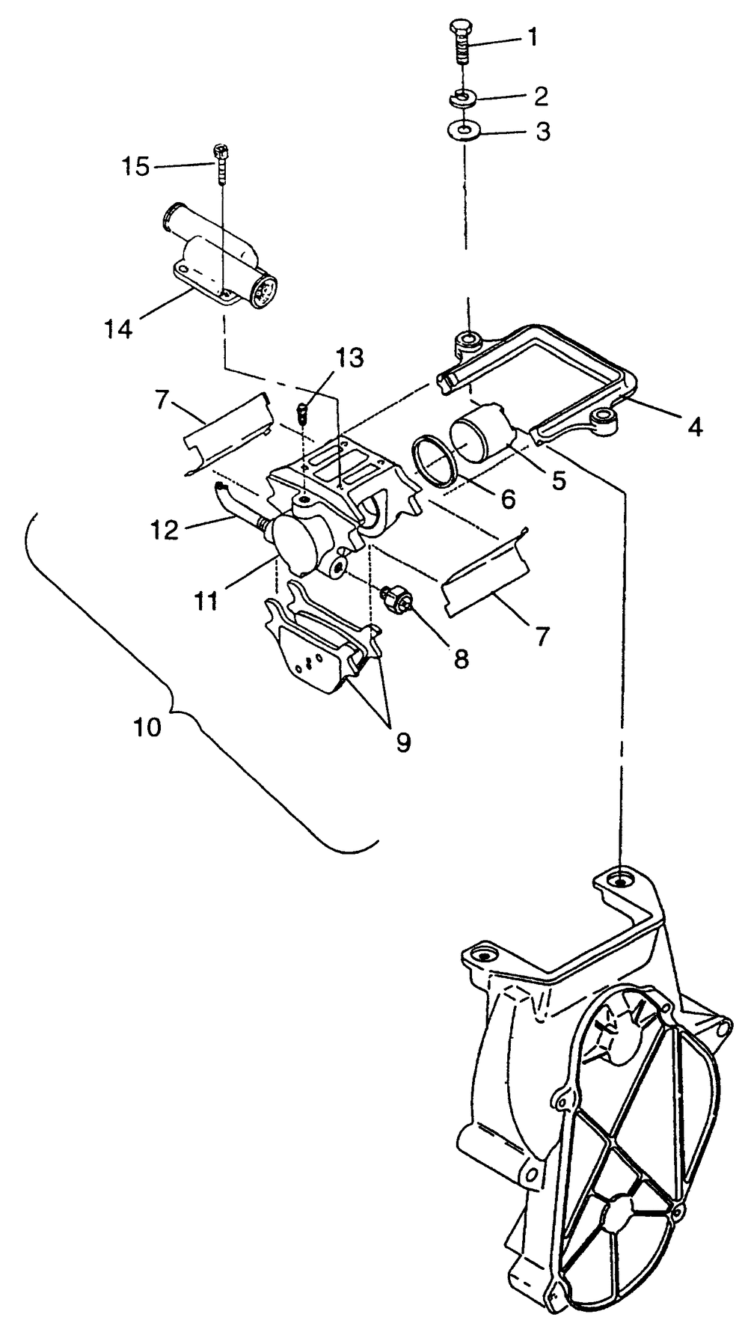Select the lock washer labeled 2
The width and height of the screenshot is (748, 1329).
pos(464,98)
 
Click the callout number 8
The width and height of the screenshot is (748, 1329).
pos(462,658)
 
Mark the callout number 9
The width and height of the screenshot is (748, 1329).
pos(403,742)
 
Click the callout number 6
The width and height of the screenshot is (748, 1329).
pos(508,499)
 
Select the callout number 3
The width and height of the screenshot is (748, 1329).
pos(542,132)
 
